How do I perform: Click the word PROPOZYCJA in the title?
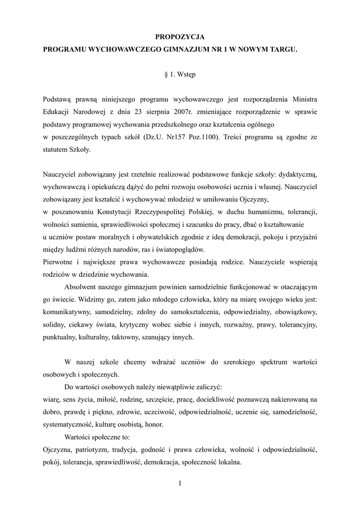coord(180,37)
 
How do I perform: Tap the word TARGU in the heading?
coord(285,50)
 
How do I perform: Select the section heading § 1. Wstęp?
coord(180,75)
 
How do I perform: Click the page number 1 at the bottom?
coord(180,484)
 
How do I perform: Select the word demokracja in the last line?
coord(171,462)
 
